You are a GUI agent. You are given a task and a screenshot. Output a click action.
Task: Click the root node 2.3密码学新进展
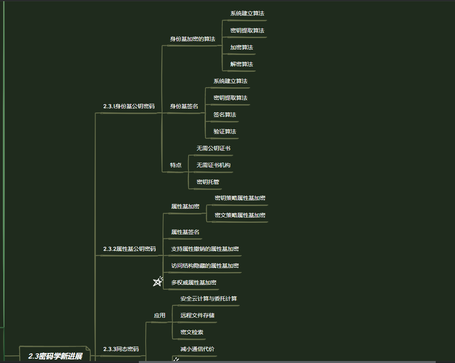coord(55,356)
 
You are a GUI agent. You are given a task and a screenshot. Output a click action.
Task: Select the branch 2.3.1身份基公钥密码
coord(129,107)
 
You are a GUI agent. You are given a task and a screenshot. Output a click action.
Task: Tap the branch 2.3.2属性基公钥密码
coord(129,249)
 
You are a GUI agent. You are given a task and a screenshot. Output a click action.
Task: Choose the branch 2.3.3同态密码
coord(121,349)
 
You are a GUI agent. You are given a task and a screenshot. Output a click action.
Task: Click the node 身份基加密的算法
coord(193,39)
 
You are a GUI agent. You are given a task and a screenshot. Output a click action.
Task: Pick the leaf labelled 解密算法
coord(242,65)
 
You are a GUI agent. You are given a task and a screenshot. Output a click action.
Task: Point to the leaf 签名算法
coord(225,115)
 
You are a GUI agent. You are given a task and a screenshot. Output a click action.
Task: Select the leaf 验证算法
coord(225,132)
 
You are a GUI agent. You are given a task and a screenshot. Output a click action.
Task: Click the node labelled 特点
coord(176,165)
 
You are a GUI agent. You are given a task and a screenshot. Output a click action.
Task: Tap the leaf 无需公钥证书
coord(213,149)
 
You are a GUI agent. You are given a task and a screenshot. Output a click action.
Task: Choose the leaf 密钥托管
coord(208,182)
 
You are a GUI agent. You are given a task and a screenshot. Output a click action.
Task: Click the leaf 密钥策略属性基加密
coord(240,198)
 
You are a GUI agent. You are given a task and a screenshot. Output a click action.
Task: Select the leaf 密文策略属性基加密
coord(240,216)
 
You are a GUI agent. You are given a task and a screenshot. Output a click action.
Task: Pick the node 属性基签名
coord(185,232)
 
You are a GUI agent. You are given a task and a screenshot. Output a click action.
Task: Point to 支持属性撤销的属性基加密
coord(205,249)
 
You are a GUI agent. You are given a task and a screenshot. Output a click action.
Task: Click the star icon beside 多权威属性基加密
coord(158,282)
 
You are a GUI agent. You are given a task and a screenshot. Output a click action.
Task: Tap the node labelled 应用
coord(160,316)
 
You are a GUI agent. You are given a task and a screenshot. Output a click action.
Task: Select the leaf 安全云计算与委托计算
coord(209,299)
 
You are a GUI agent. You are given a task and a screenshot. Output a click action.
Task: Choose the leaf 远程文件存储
coord(197,316)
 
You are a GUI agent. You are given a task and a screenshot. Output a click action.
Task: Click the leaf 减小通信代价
coord(197,349)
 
